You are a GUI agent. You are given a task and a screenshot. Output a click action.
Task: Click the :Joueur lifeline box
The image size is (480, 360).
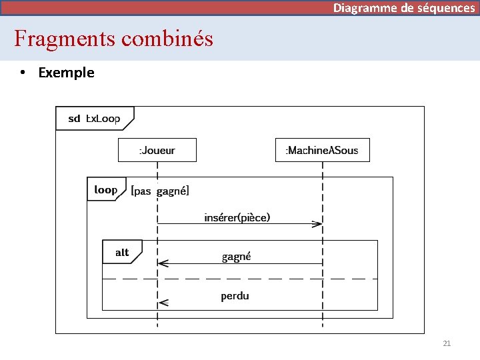[x=157, y=150]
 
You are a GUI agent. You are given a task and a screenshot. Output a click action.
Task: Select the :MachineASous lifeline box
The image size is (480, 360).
[x=322, y=150]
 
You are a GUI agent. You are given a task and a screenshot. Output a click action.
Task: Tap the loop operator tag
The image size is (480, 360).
[x=105, y=190]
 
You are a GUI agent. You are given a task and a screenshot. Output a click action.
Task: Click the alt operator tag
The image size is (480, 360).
[x=122, y=253]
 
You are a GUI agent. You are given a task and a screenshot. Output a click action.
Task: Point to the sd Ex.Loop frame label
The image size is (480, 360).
[x=94, y=119]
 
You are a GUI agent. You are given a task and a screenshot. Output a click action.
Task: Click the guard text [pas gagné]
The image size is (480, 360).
[x=160, y=191]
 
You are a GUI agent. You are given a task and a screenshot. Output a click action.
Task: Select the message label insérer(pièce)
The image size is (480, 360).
[x=237, y=217]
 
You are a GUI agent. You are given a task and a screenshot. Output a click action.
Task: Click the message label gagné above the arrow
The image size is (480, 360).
[x=236, y=257]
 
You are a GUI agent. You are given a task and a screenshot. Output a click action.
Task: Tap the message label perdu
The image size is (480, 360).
[x=235, y=295]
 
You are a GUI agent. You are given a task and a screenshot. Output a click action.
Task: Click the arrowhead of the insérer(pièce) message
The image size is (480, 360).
[x=318, y=224]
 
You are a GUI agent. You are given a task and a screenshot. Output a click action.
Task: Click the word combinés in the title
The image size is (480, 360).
[x=167, y=39]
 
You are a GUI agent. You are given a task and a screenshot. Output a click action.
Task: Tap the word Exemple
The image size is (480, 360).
[x=67, y=73]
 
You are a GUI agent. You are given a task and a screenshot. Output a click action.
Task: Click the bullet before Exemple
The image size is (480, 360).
[x=23, y=73]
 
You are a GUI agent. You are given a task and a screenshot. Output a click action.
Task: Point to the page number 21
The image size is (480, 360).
[x=447, y=343]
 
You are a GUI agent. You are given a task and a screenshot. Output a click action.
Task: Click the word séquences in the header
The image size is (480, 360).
[x=446, y=8]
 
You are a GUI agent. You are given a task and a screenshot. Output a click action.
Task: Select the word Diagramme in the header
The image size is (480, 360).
[x=365, y=8]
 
